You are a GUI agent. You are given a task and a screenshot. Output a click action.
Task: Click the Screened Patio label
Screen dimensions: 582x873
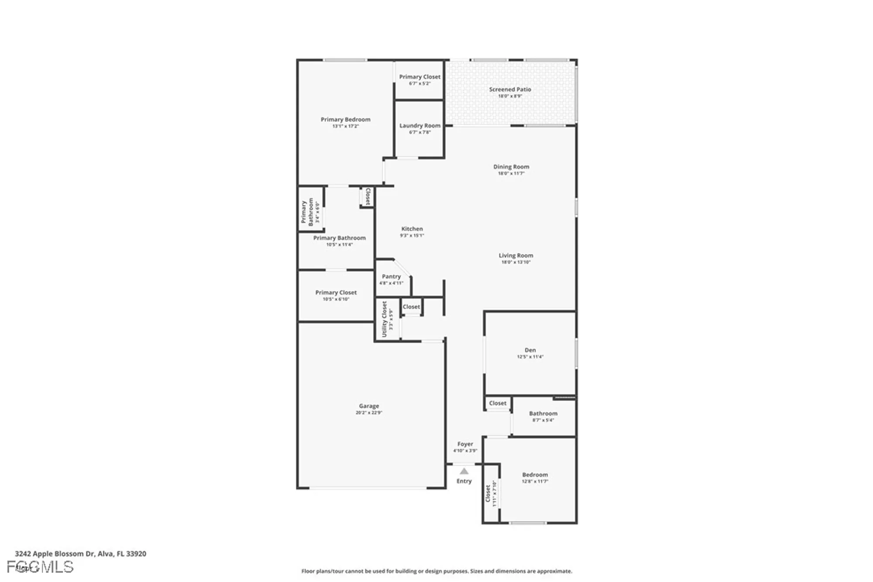click(510, 90)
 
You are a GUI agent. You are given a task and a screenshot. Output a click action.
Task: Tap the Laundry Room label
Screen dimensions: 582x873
click(419, 126)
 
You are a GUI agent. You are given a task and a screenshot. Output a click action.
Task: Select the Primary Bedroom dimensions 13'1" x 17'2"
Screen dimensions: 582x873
click(345, 126)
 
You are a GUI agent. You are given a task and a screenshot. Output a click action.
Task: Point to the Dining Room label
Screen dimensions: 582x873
click(511, 167)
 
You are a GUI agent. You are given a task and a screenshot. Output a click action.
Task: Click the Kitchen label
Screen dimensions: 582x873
click(412, 229)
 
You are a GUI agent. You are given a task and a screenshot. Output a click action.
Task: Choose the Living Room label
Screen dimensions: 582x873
click(516, 255)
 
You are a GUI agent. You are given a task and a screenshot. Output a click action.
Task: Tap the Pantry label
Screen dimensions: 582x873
click(391, 276)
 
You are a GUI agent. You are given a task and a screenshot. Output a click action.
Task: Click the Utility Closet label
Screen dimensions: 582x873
click(385, 319)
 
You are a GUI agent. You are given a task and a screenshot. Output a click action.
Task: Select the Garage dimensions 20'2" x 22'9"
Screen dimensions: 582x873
click(369, 413)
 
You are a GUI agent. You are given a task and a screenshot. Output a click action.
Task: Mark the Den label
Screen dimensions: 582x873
click(530, 350)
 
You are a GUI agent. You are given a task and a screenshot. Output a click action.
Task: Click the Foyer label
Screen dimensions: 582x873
click(465, 444)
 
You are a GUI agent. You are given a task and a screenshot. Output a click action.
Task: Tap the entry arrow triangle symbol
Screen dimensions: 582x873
click(464, 471)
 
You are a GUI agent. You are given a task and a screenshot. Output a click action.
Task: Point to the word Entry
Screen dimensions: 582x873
click(464, 481)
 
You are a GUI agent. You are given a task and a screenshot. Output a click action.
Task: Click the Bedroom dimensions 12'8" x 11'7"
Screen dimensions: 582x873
click(535, 482)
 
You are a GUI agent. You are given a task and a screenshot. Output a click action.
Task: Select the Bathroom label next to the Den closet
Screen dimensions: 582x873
click(543, 413)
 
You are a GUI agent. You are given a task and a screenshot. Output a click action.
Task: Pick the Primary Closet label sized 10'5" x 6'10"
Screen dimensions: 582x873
click(336, 293)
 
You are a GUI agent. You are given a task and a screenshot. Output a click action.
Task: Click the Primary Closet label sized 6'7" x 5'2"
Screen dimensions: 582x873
click(419, 77)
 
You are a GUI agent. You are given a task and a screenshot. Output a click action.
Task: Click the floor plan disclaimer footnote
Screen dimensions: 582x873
click(436, 571)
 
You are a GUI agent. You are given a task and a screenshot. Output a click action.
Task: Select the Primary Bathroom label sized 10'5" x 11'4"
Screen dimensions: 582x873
click(339, 238)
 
